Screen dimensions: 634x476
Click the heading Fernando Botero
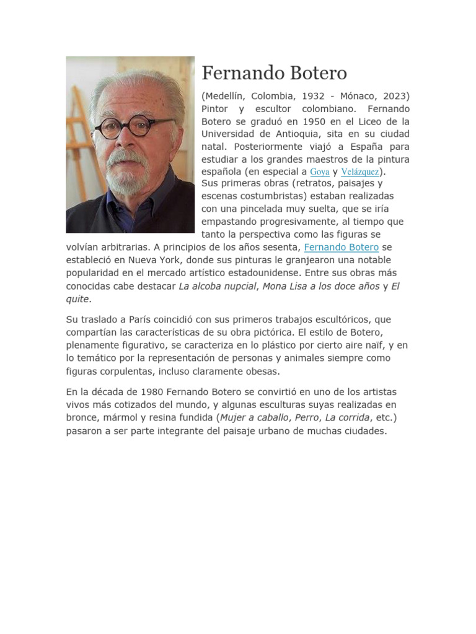(274, 73)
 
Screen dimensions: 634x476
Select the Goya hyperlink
(319, 172)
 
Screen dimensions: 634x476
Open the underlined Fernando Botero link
(342, 248)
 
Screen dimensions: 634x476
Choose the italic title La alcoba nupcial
(218, 286)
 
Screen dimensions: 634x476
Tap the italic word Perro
(307, 418)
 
